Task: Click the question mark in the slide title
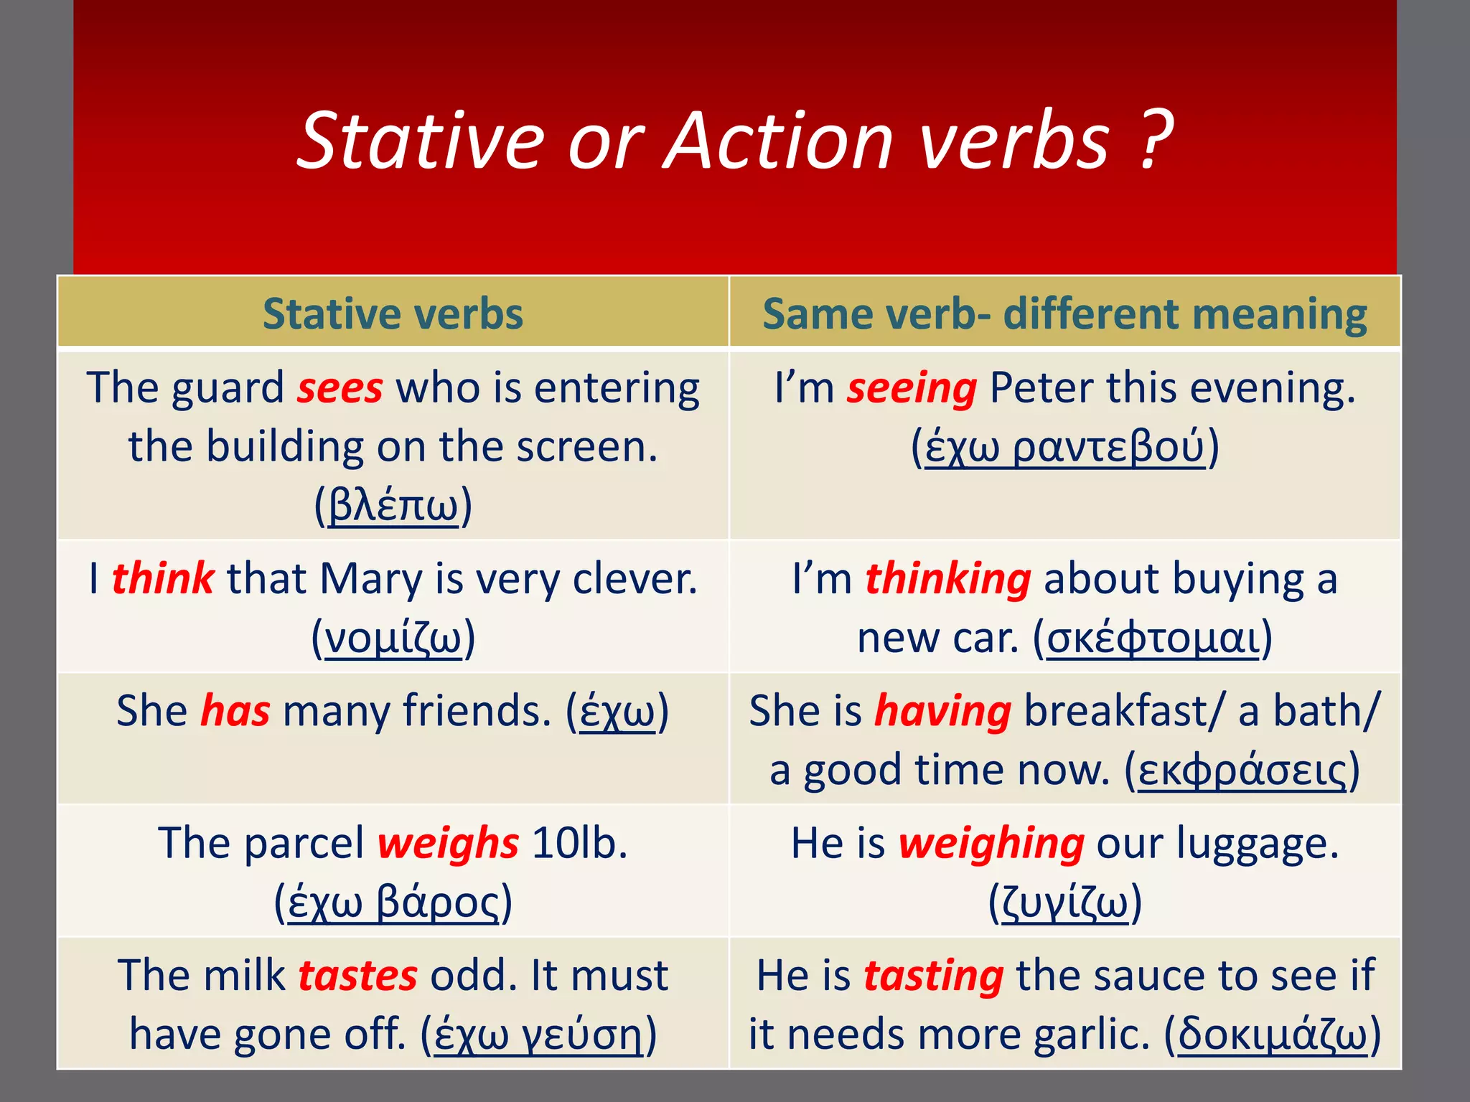point(1155,141)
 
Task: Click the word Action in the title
point(780,141)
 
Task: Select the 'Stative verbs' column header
point(393,314)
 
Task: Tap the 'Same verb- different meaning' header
point(1064,314)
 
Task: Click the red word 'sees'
point(340,388)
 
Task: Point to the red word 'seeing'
point(911,388)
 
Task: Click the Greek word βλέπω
point(393,505)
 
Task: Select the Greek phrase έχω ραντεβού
point(1064,446)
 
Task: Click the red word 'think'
point(162,578)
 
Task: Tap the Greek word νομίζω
point(393,637)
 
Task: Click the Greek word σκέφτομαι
point(1153,637)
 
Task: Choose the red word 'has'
point(235,710)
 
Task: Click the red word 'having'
point(942,710)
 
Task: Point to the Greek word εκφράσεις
point(1242,770)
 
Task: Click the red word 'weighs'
point(448,842)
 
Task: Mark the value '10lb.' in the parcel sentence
point(580,842)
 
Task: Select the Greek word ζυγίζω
point(1064,902)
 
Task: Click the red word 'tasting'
point(933,975)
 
